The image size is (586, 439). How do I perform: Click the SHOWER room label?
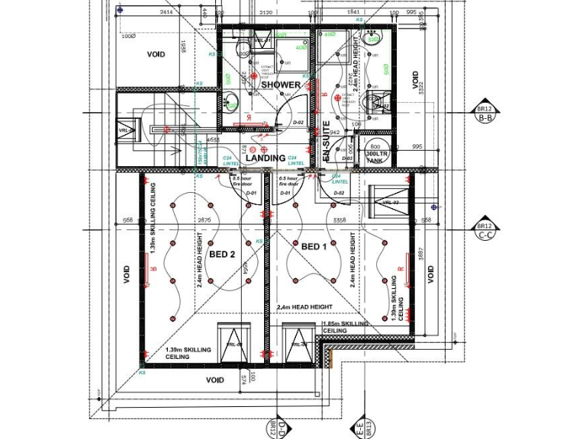pyautogui.click(x=281, y=85)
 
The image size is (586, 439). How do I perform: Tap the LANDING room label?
pyautogui.click(x=266, y=158)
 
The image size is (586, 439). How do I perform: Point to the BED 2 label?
pyautogui.click(x=221, y=254)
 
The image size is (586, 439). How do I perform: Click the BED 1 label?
pyautogui.click(x=314, y=247)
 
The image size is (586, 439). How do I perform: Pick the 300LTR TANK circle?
pyautogui.click(x=375, y=152)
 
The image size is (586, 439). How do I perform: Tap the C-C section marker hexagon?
pyautogui.click(x=485, y=231)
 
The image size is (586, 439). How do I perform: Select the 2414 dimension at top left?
pyautogui.click(x=167, y=13)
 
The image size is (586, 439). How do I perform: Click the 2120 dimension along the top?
pyautogui.click(x=266, y=13)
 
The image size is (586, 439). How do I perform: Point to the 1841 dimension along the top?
pyautogui.click(x=353, y=13)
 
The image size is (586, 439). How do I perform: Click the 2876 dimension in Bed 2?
pyautogui.click(x=204, y=219)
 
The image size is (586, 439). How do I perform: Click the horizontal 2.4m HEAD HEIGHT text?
pyautogui.click(x=304, y=306)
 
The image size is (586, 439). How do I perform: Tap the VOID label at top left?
pyautogui.click(x=156, y=55)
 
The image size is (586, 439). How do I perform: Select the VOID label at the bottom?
pyautogui.click(x=215, y=380)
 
